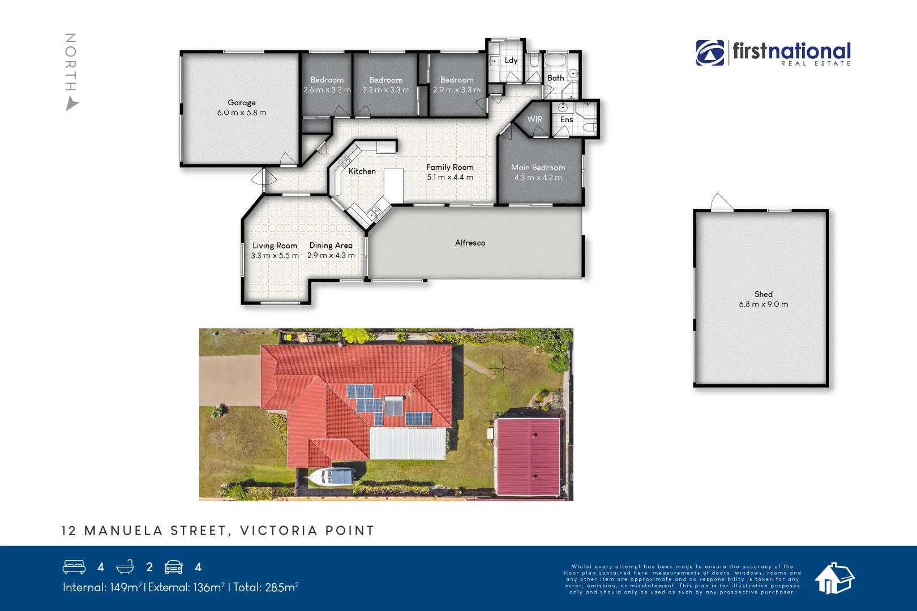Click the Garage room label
click(x=242, y=102)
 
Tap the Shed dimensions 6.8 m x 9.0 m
click(x=763, y=304)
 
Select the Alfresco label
click(x=470, y=243)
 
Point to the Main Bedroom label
click(x=538, y=167)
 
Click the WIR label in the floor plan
click(x=534, y=119)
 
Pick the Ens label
click(x=567, y=119)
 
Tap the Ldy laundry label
click(x=511, y=60)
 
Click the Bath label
click(x=555, y=78)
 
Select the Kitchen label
click(x=362, y=171)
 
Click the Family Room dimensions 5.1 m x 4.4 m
click(x=450, y=177)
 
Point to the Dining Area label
click(x=331, y=246)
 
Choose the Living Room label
click(x=275, y=246)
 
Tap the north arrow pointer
click(x=72, y=104)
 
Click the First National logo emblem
click(x=710, y=53)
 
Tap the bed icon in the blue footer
click(x=74, y=567)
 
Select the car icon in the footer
click(x=174, y=567)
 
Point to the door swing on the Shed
click(x=721, y=202)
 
